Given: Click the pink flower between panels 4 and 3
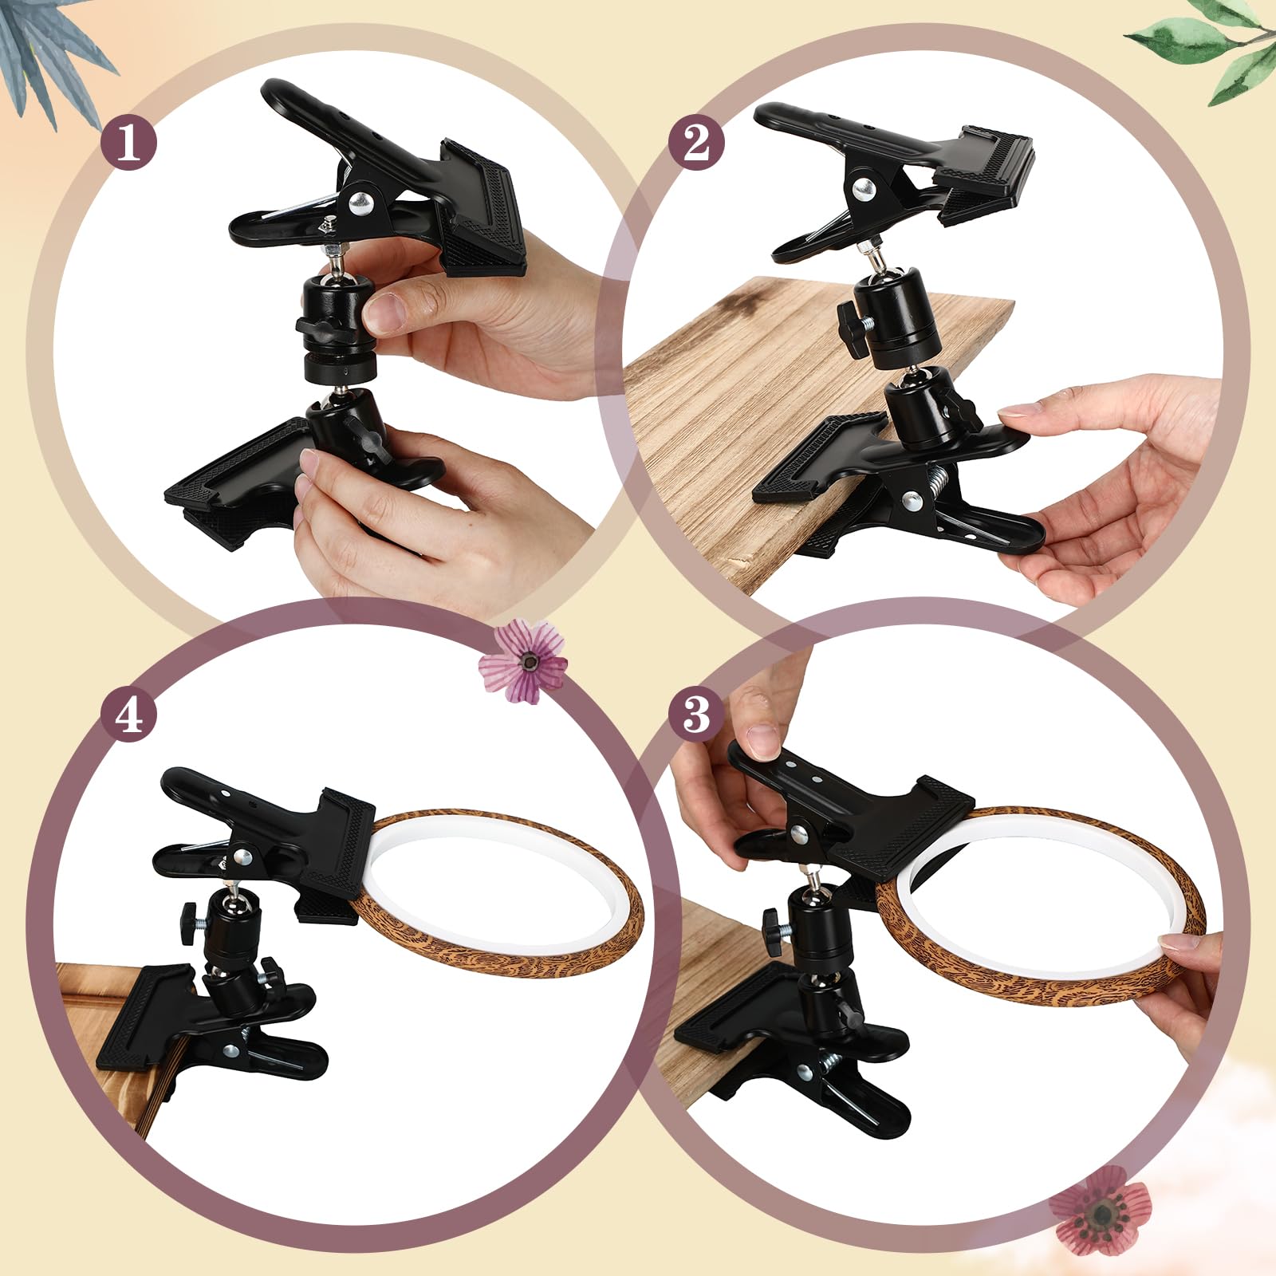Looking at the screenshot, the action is [524, 661].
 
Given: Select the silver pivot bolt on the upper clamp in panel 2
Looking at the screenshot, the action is [862, 188].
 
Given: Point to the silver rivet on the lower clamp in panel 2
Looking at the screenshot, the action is [908, 502].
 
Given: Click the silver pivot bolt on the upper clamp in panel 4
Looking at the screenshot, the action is [245, 858].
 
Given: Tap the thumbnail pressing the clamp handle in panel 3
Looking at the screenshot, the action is [764, 741].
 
